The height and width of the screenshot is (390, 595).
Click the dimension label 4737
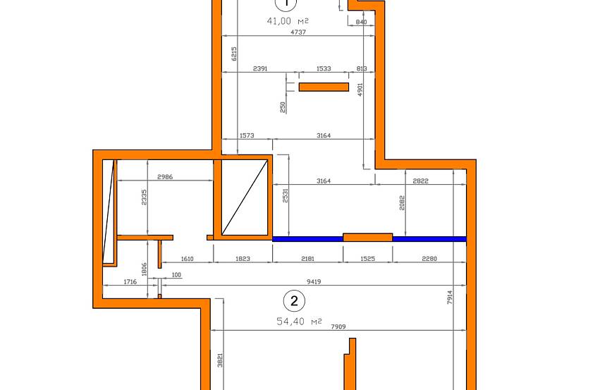[x=298, y=32]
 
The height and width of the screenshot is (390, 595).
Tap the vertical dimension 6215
[x=234, y=54]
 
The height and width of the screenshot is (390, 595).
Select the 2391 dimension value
[x=260, y=68]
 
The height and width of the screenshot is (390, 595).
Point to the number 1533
[x=324, y=68]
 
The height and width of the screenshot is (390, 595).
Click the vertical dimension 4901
[x=360, y=90]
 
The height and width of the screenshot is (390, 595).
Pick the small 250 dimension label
[x=283, y=107]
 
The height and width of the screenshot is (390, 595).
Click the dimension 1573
[x=247, y=135]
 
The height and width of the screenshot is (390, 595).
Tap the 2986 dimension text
[x=165, y=177]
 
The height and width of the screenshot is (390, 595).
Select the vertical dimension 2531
[x=286, y=195]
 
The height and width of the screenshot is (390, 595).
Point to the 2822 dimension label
[x=420, y=181]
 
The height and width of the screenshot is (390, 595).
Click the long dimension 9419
[x=314, y=282]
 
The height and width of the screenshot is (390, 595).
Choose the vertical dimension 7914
[x=450, y=298]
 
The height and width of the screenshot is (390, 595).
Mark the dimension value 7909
[x=338, y=327]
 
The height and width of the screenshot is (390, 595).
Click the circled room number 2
[x=294, y=300]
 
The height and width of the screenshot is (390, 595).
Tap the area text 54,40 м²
[x=300, y=322]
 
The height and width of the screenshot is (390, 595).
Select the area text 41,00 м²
[x=288, y=21]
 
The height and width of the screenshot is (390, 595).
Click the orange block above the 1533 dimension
[x=324, y=87]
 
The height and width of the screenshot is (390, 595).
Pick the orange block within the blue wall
[x=368, y=238]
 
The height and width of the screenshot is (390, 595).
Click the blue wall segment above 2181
[x=308, y=239]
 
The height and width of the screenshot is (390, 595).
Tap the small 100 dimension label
[x=176, y=275]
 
